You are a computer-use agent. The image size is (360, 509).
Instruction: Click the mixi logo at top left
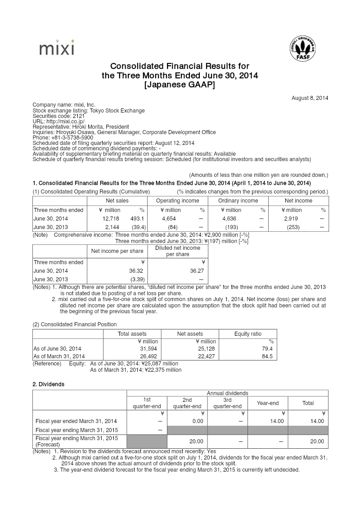coord(56,48)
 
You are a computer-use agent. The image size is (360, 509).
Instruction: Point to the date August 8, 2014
coord(310,98)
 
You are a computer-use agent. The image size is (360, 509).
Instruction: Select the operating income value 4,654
coord(169,219)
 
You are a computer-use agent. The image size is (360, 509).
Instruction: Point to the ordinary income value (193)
coord(231,227)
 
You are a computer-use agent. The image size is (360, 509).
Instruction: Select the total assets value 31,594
coord(148,349)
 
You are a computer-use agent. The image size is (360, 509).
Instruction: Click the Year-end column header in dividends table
coord(268,403)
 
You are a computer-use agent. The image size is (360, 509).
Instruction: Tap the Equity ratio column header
coord(247,334)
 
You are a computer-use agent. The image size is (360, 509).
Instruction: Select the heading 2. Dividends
coord(48,384)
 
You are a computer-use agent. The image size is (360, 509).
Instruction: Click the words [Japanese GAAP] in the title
coord(180,85)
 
